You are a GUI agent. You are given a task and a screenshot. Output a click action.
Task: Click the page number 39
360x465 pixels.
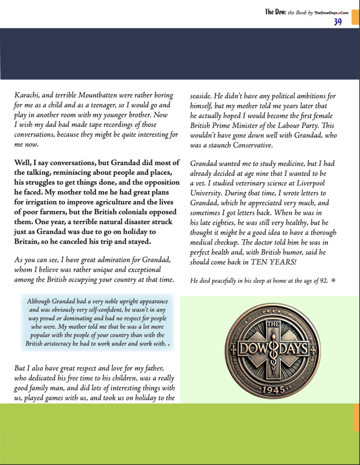(x=338, y=21)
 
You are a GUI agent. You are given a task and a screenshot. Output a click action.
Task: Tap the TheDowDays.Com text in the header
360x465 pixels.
(x=331, y=13)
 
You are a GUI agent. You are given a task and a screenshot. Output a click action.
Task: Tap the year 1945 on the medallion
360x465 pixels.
(x=272, y=390)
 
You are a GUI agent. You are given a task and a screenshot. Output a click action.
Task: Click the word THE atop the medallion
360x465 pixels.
(x=272, y=325)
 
